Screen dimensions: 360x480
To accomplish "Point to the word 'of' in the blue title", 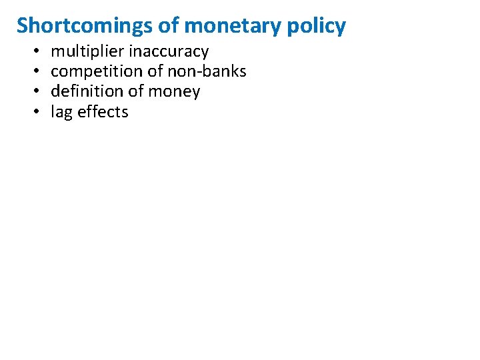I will [x=169, y=26].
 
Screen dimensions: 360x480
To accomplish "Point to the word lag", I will [x=62, y=112].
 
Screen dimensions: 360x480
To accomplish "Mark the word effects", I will [x=103, y=112].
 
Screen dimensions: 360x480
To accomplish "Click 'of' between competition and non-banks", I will [x=145, y=71].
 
